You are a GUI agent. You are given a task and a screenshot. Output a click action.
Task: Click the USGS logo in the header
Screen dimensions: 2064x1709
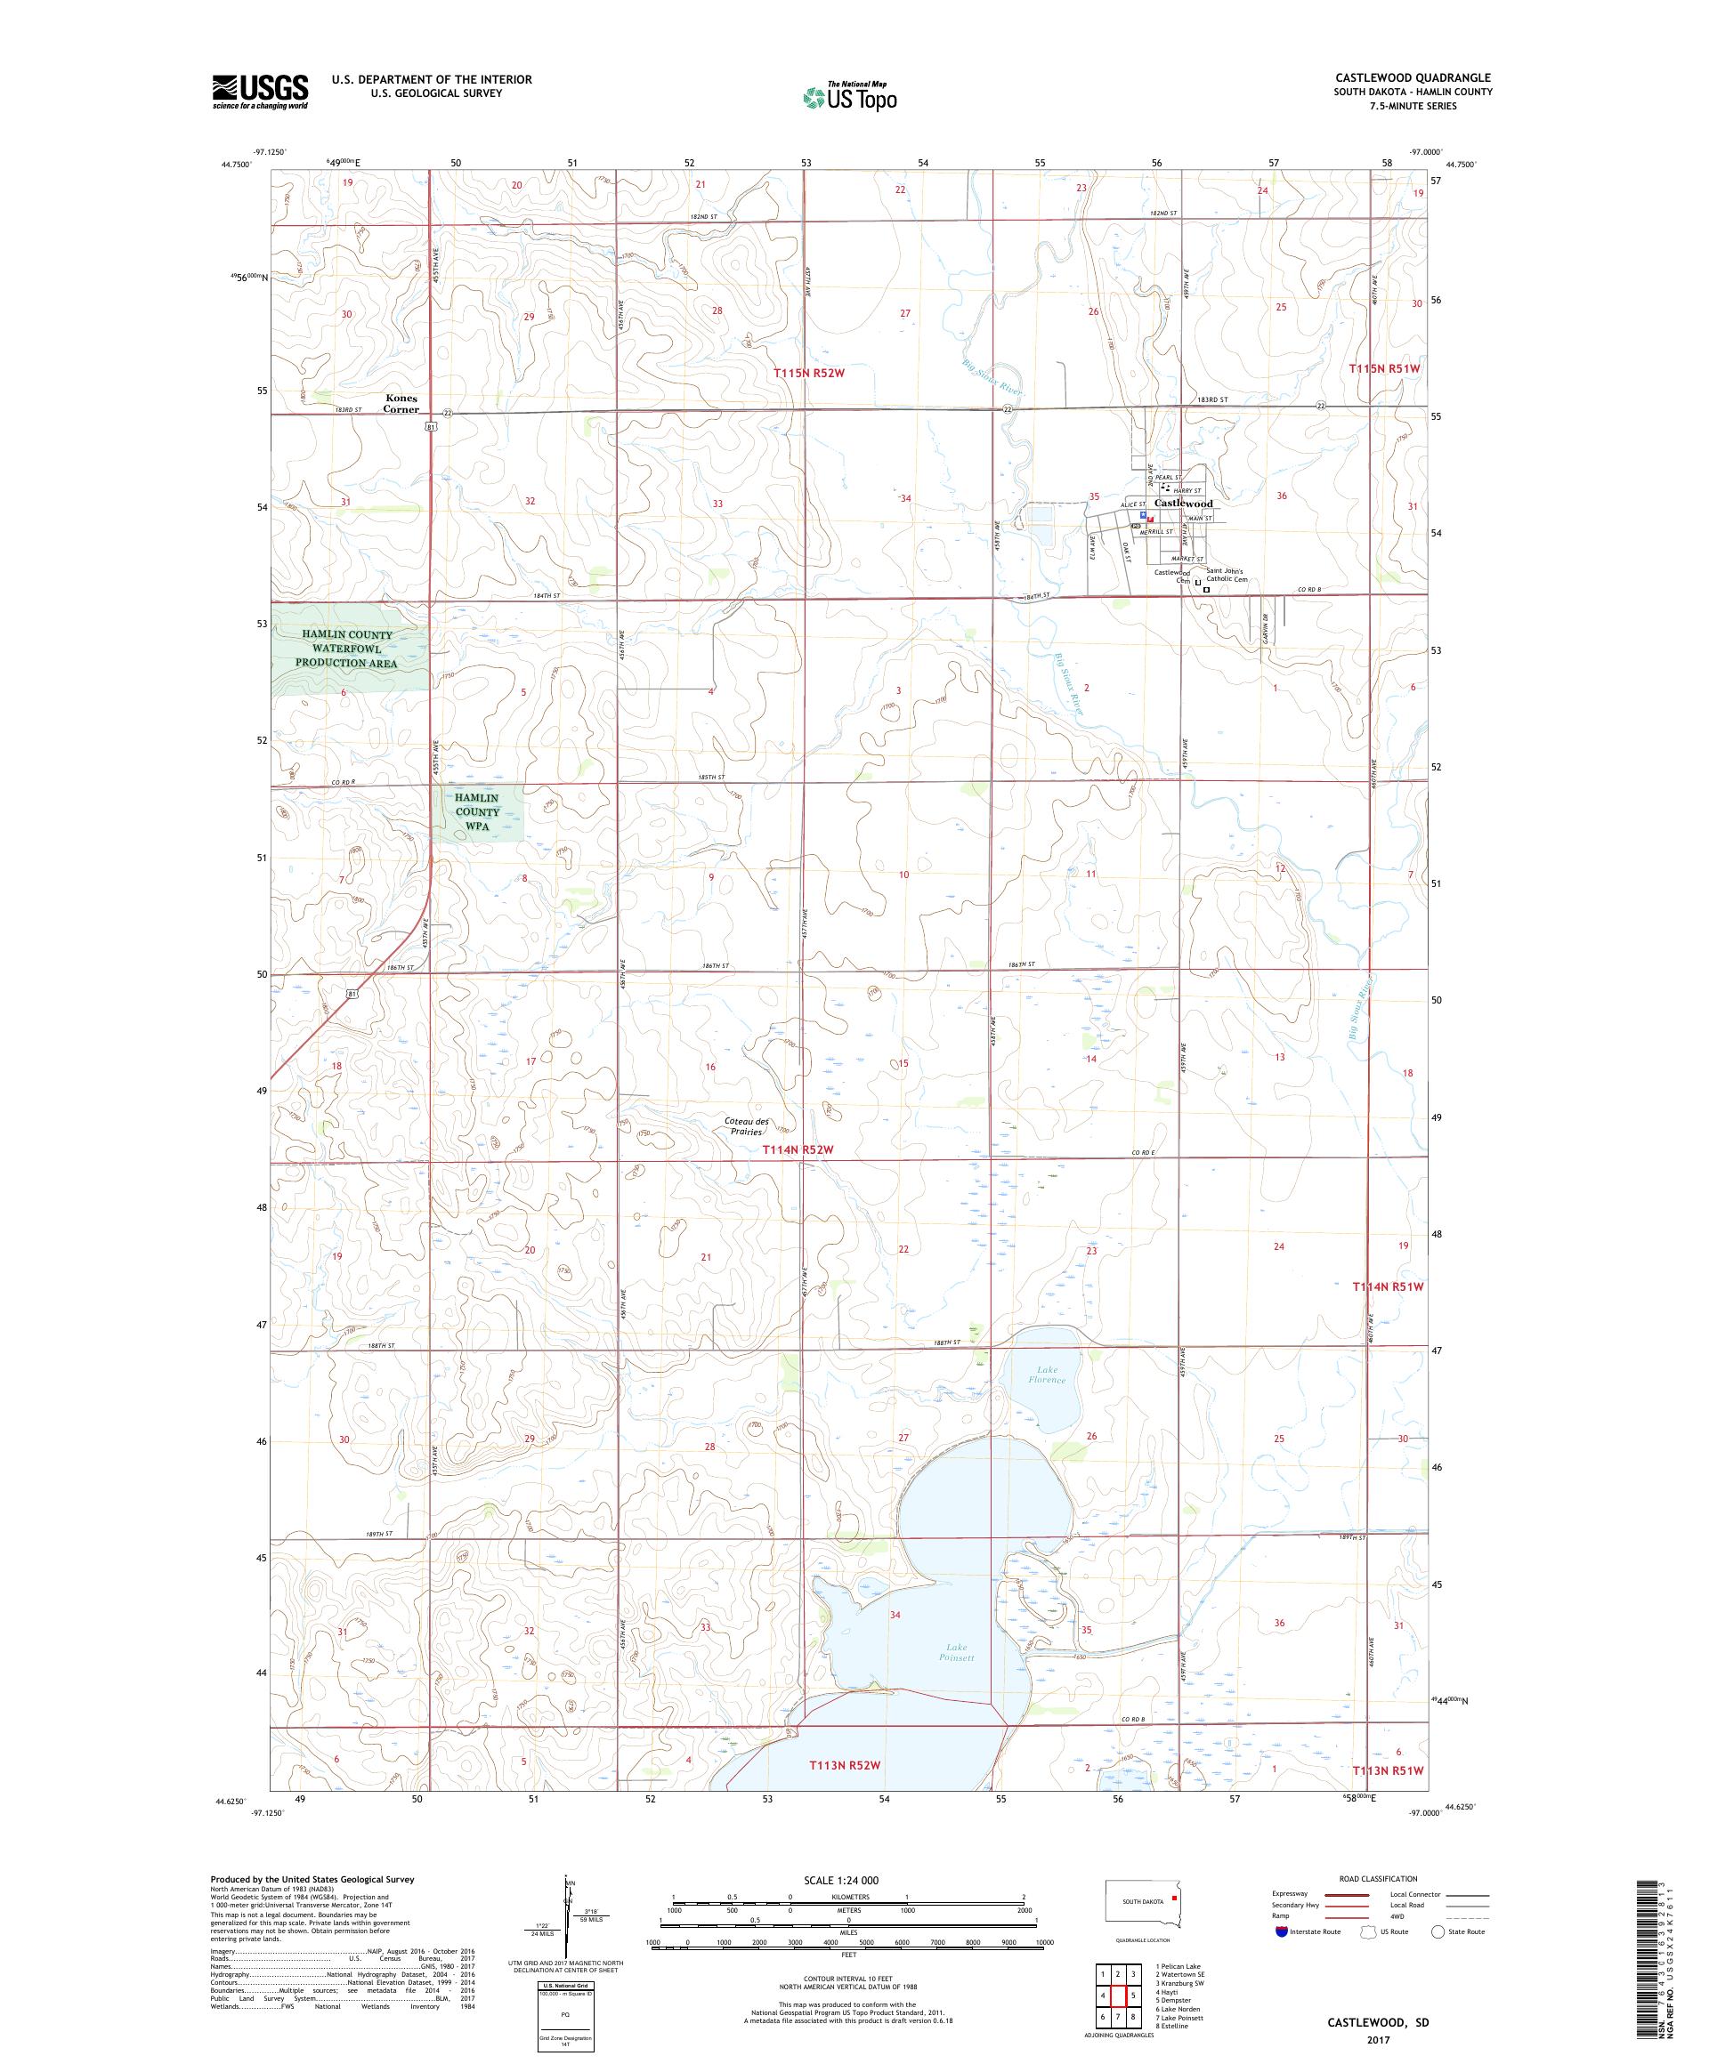[x=260, y=92]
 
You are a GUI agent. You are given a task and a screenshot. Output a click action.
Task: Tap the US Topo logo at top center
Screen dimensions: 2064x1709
[x=851, y=96]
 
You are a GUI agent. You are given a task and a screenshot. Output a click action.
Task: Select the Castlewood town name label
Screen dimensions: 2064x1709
[x=1183, y=504]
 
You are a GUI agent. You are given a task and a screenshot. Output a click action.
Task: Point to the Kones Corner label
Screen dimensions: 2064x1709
[x=401, y=404]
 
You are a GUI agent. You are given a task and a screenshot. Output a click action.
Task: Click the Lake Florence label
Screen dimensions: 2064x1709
[x=1048, y=1374]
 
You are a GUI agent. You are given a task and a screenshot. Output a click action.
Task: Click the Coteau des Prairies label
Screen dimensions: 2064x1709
[x=748, y=1126]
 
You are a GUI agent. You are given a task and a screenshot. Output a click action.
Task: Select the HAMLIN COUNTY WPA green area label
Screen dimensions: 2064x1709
[x=477, y=812]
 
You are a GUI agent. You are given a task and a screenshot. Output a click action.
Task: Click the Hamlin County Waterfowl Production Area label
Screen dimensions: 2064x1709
[x=349, y=649]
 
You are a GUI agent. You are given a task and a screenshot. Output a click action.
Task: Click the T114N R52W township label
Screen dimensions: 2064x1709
[x=798, y=1150]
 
